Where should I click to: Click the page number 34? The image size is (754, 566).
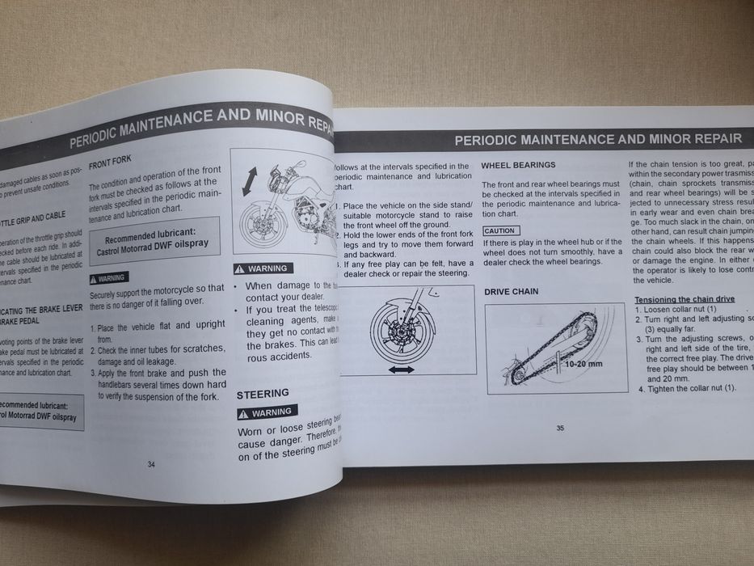151,464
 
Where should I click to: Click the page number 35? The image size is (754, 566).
560,429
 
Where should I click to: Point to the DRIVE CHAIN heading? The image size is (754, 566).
512,291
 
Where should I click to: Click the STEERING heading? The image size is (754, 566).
263,394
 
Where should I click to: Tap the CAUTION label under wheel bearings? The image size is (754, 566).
499,230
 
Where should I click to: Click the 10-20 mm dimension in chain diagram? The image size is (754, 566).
583,364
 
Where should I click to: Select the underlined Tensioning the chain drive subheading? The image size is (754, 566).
684,299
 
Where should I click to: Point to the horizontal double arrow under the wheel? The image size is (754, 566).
401,369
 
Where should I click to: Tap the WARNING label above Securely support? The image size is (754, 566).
108,277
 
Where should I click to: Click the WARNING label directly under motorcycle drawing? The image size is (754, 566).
263,268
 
